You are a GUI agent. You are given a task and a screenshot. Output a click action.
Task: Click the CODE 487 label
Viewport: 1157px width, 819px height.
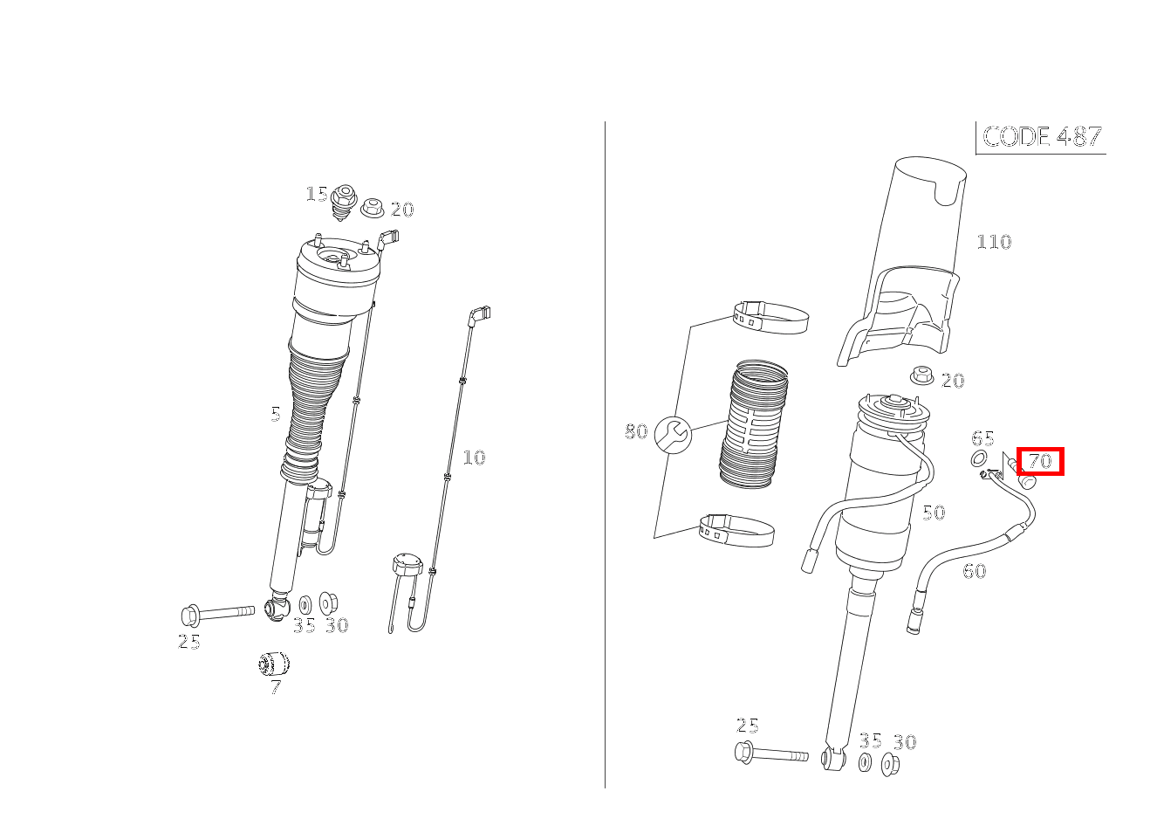(x=1042, y=137)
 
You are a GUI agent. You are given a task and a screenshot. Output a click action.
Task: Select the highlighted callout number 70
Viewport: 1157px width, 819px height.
(x=1040, y=461)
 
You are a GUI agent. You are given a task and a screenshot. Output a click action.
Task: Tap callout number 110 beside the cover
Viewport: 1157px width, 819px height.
(x=994, y=242)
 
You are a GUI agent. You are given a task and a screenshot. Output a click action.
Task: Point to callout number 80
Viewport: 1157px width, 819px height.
(x=636, y=431)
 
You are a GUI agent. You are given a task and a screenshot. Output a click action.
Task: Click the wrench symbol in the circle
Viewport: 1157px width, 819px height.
(x=673, y=435)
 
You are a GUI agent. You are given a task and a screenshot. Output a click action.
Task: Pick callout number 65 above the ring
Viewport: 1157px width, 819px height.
(x=982, y=438)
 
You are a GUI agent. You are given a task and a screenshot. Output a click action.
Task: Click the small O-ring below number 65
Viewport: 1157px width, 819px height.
(x=979, y=458)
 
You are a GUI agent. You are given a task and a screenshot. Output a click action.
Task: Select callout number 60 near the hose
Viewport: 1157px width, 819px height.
(x=975, y=571)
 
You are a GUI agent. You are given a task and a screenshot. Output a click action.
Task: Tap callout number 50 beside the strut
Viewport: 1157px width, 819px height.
(x=934, y=513)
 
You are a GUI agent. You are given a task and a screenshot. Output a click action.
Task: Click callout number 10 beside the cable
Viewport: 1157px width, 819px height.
(x=474, y=458)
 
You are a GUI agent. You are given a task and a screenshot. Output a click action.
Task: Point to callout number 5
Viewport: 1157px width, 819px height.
(x=276, y=414)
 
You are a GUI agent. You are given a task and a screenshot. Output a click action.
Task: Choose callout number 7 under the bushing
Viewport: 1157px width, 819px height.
(x=276, y=687)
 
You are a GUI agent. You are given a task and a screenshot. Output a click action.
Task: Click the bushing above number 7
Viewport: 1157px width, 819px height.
(x=274, y=664)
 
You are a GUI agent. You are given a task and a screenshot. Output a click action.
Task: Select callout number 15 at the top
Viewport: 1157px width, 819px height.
(x=316, y=195)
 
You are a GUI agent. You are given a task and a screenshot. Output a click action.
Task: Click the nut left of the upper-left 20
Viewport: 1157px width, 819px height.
(x=372, y=208)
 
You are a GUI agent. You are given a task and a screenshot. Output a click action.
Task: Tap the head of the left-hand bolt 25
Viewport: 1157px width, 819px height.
(x=190, y=616)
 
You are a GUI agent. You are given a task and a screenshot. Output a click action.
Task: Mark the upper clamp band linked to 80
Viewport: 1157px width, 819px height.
(x=771, y=317)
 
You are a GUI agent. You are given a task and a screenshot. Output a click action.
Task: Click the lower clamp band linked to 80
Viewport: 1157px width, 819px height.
(x=736, y=530)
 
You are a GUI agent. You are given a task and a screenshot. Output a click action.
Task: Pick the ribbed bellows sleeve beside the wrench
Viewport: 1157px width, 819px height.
(x=754, y=423)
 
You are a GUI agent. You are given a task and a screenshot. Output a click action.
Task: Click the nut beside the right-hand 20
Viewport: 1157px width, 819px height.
(x=921, y=375)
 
